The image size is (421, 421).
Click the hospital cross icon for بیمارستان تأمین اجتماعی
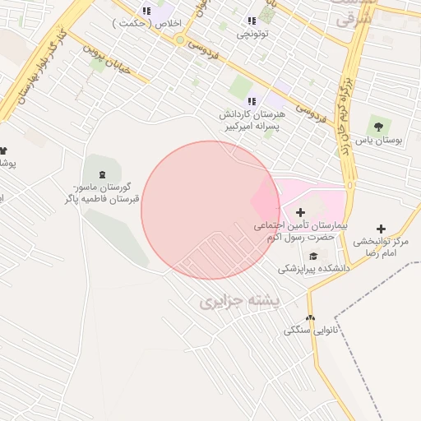coord(300,212)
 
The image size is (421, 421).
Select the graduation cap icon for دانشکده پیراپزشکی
coord(312,255)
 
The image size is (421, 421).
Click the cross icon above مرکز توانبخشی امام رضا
coord(381,229)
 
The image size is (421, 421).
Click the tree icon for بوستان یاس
coord(378,127)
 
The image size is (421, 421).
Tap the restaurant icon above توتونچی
coord(252,21)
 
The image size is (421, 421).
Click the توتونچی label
coord(252,34)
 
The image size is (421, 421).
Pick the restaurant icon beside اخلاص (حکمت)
coord(146,11)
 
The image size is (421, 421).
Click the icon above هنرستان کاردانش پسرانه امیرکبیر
coord(252,100)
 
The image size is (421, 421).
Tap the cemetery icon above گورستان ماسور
coord(102,174)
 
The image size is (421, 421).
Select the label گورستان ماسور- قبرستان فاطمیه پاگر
coord(104,193)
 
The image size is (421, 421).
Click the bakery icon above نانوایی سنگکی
coord(310,318)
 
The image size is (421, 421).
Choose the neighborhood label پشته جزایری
coord(239,302)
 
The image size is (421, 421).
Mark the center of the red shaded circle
coord(210,210)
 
